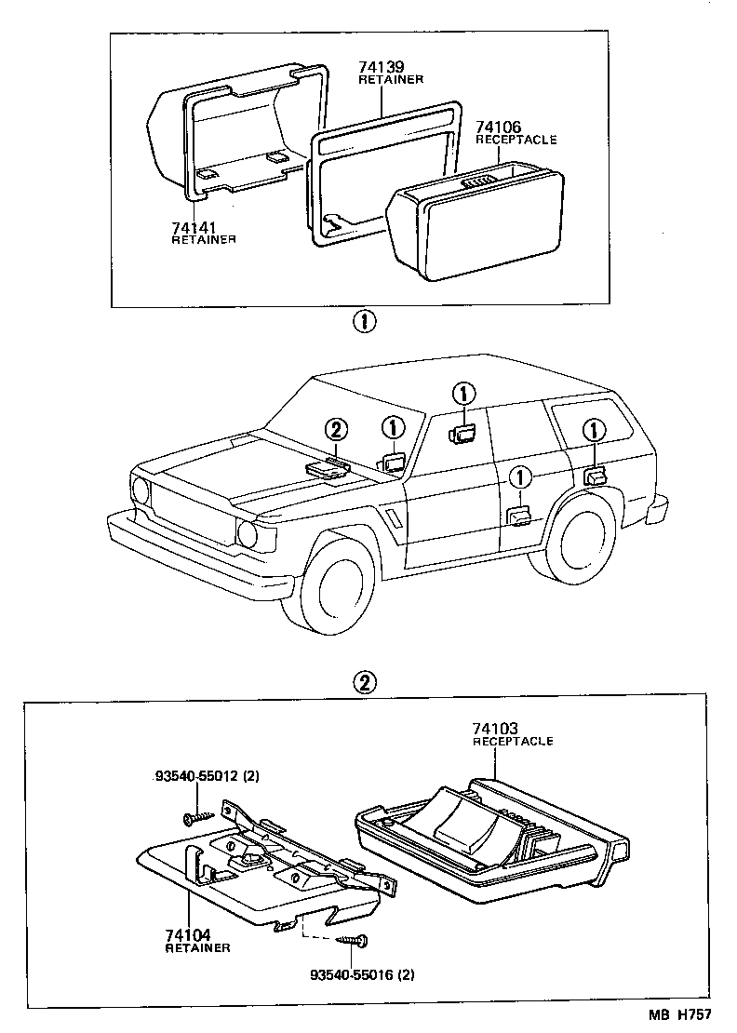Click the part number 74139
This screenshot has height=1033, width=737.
click(382, 68)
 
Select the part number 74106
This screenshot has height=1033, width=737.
click(498, 127)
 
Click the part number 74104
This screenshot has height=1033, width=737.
click(188, 934)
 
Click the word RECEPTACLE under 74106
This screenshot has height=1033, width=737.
click(516, 140)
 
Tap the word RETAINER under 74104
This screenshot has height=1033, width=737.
click(197, 948)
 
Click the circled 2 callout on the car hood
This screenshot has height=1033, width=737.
click(337, 429)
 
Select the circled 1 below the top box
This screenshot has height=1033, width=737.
click(364, 323)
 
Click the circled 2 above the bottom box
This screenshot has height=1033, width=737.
click(364, 682)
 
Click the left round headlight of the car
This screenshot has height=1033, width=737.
click(141, 490)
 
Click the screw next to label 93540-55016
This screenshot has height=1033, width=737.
click(353, 941)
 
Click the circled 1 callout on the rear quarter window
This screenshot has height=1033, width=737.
click(593, 429)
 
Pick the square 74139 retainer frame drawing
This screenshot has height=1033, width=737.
click(383, 177)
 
